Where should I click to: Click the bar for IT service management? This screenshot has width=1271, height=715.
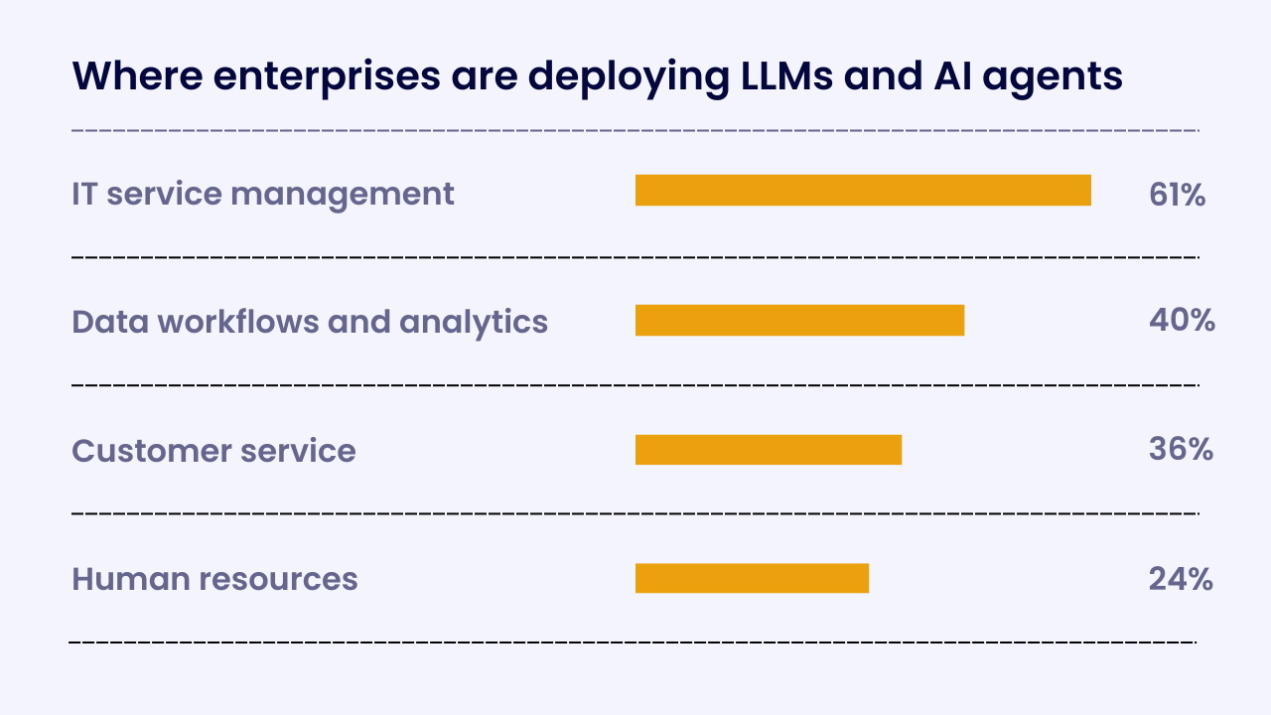click(x=863, y=191)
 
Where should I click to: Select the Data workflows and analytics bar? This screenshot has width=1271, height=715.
click(x=799, y=320)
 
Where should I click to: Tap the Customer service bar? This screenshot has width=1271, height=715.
click(x=769, y=450)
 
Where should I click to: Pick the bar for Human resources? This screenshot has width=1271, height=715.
click(x=752, y=578)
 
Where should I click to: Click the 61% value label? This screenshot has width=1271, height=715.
click(x=1177, y=195)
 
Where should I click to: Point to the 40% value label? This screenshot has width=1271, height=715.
click(x=1182, y=320)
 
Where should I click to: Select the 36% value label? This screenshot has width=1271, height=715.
click(x=1181, y=450)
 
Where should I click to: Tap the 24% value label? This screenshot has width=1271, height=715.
click(x=1181, y=579)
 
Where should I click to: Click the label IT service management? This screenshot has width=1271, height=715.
click(x=263, y=193)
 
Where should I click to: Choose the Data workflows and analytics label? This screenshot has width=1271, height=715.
click(x=310, y=322)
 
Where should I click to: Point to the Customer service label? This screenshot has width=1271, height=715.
click(x=213, y=451)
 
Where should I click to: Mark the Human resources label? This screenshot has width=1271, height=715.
click(x=214, y=579)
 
